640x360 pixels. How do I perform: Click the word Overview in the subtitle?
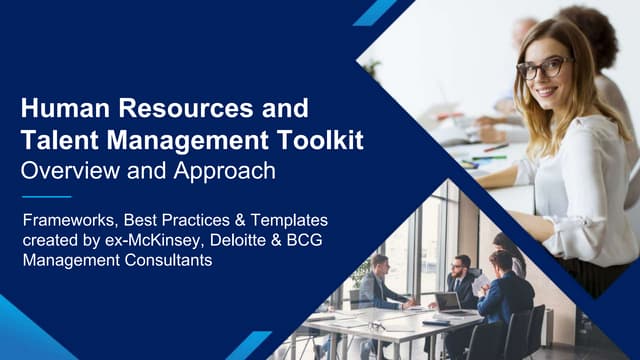(71, 170)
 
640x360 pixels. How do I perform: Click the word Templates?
(299, 218)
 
